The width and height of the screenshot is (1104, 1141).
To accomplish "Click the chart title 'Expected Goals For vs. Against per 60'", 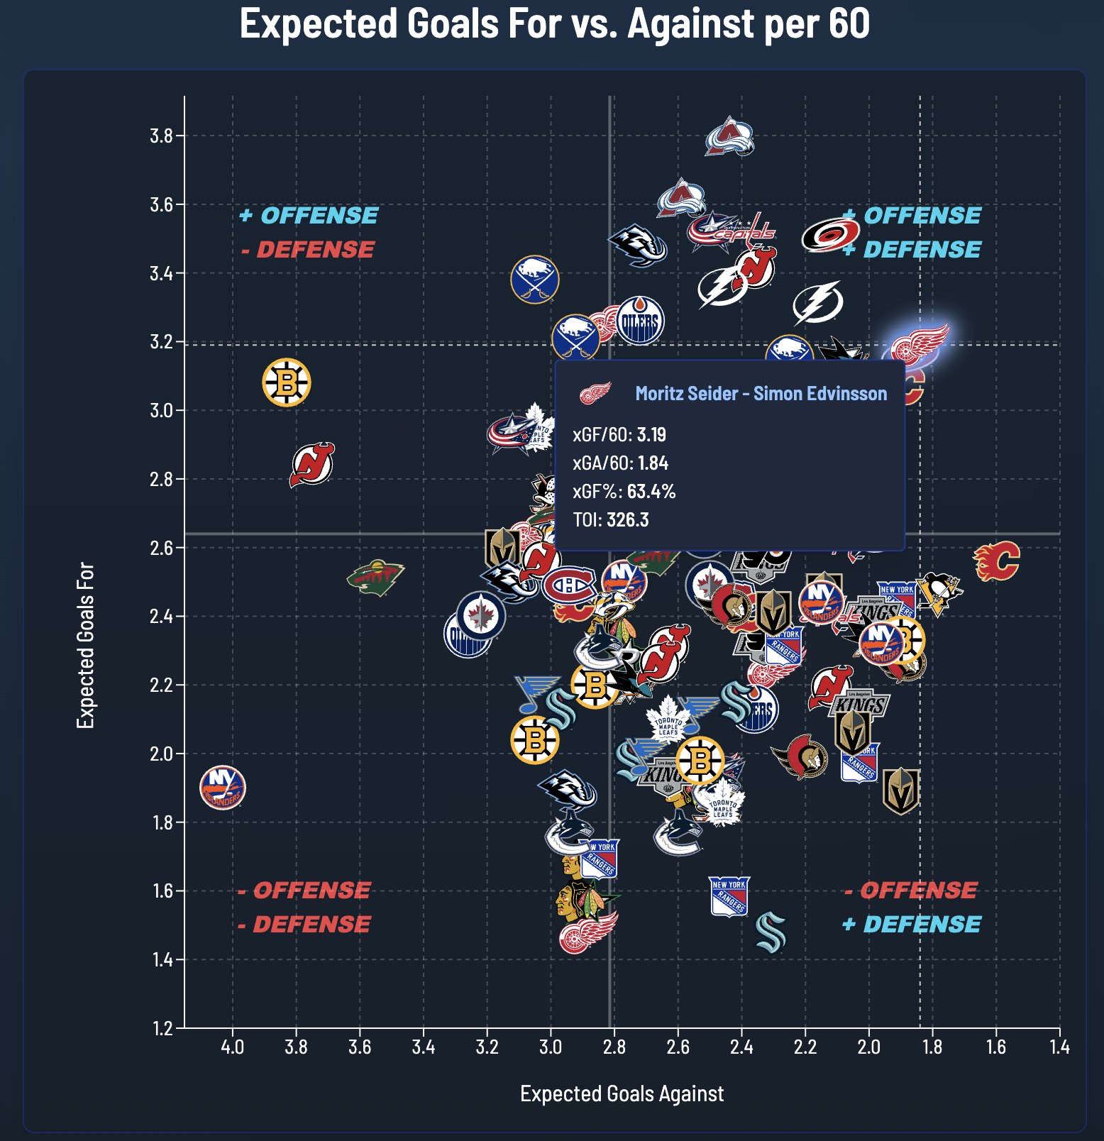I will pos(554,24).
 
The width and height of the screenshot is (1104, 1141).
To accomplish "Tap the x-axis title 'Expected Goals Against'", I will pos(622,1093).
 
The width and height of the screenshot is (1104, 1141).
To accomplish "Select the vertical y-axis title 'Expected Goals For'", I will pos(86,645).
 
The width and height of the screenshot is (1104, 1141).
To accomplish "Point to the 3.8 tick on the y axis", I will pos(162,136).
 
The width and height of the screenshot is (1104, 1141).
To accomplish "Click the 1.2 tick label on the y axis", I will pos(162,1027).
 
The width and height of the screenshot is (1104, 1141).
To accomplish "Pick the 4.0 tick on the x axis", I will pos(232,1047).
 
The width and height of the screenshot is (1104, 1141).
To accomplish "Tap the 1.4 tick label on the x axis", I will pos(1059,1047).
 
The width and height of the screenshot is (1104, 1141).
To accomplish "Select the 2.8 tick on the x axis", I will pos(614,1047).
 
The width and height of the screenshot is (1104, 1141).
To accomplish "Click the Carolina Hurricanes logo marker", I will pos(830,235).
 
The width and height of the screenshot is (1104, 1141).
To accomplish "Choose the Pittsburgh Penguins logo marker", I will pos(939,592).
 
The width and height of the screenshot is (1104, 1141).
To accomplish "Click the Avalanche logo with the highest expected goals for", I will pos(729,136).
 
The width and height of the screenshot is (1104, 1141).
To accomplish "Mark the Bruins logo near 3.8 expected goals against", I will pos(287,382).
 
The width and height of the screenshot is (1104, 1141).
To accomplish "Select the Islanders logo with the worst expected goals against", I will pos(223,788).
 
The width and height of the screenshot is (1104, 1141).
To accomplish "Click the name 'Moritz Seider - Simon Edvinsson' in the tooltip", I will pos(761,394).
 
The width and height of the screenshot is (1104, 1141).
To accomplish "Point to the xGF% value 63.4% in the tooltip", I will pos(651,491).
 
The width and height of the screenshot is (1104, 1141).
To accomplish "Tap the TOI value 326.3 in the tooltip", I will pos(627,519).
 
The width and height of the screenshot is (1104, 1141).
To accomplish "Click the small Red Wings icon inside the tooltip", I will pos(595,393).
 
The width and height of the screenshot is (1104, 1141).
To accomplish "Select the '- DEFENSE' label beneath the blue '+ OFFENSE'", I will pos(308,250).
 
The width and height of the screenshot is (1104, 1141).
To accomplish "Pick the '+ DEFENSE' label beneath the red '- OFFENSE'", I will pos(912,924).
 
